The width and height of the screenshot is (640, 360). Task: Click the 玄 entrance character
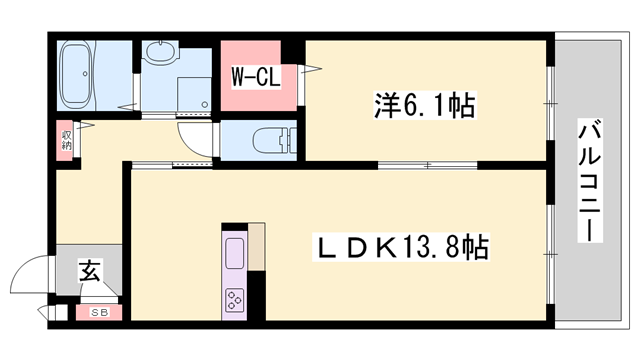(89, 270)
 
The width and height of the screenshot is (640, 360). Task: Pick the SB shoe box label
(100, 312)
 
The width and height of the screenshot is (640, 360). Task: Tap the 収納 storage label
(67, 138)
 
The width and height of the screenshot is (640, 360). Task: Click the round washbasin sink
(158, 51)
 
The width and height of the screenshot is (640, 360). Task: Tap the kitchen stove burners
(236, 299)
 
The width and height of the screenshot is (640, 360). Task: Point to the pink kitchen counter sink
(236, 256)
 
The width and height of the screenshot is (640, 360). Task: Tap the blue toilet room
(260, 140)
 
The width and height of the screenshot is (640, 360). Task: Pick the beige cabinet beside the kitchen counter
(257, 246)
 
